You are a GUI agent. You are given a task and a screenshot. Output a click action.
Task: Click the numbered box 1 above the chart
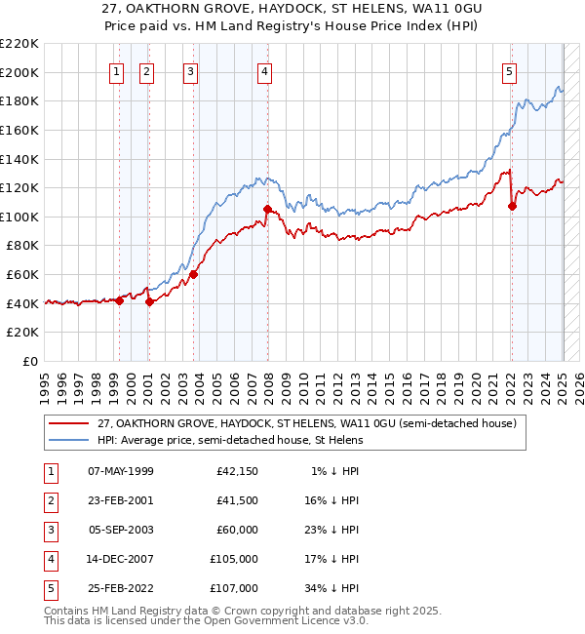click(117, 70)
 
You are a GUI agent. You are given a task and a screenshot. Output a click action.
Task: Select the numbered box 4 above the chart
click(265, 70)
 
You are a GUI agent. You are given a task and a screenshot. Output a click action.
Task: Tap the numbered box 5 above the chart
click(510, 70)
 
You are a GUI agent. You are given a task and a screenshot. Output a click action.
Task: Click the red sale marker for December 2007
click(266, 209)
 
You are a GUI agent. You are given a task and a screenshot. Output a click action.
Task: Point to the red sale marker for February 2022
click(512, 206)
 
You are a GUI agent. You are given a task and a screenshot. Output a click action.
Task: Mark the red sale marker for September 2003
click(193, 274)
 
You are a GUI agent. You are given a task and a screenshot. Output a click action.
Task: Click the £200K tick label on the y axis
click(19, 72)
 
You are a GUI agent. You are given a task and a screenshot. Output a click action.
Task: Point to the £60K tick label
click(23, 275)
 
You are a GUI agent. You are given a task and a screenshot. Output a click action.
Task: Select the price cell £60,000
click(237, 530)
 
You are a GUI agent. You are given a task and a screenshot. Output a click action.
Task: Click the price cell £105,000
click(234, 559)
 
